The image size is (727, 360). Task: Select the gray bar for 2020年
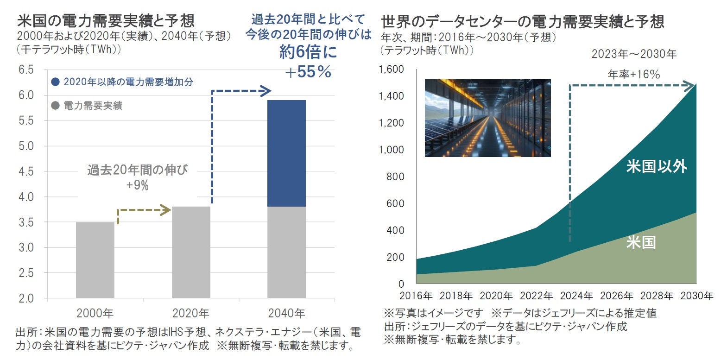tap(191, 252)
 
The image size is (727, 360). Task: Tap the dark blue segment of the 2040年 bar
tap(286, 153)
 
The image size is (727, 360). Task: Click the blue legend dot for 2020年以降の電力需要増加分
tap(56, 82)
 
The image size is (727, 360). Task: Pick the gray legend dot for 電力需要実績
tap(56, 106)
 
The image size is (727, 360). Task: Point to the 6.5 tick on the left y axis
tap(26, 70)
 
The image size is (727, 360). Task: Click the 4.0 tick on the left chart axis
tap(26, 197)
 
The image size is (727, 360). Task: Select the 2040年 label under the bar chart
tap(286, 314)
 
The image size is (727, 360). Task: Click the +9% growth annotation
tap(138, 186)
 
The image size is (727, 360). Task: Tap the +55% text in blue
tap(308, 72)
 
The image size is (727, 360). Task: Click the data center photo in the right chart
tap(487, 118)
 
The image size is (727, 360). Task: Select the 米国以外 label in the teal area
tap(656, 166)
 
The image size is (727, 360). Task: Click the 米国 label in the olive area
tap(641, 243)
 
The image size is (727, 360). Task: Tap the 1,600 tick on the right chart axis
tap(392, 69)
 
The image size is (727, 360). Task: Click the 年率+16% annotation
tap(633, 74)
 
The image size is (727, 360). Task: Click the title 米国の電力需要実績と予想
tap(106, 21)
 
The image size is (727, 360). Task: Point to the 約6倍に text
tap(308, 52)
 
